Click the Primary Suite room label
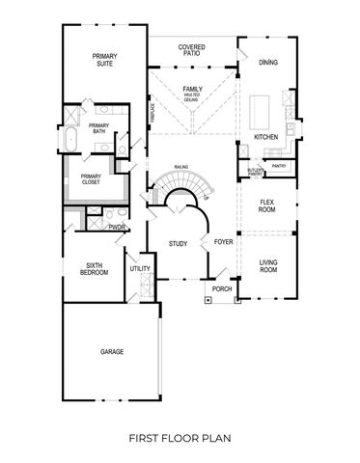105,60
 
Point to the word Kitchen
266,137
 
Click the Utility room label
139,269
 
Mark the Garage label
112,352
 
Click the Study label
178,243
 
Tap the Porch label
222,287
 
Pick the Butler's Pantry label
256,171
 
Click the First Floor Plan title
180,437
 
